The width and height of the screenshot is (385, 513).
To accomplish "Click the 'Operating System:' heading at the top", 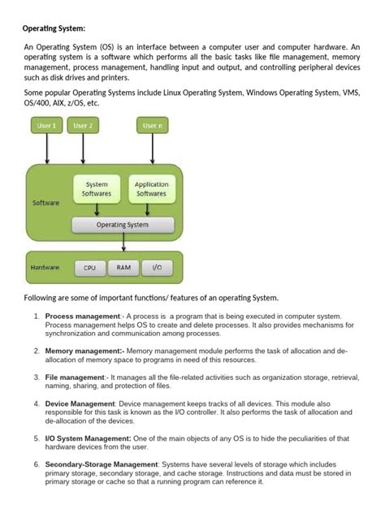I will click(54, 29).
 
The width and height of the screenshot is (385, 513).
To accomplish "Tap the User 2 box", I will click(82, 126).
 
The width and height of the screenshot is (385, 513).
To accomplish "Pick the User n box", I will click(151, 126).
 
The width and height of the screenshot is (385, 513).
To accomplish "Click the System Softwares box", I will click(97, 189).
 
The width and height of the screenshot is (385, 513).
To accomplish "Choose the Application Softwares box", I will click(151, 189).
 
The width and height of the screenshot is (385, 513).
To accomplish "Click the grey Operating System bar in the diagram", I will click(123, 225).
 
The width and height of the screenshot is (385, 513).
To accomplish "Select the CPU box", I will click(89, 267).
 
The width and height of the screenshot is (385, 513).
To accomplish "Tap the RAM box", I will click(123, 267).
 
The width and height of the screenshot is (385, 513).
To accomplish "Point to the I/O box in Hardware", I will click(156, 267).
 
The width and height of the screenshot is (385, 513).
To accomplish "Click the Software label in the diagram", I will click(45, 202).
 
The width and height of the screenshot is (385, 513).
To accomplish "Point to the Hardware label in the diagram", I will click(47, 267).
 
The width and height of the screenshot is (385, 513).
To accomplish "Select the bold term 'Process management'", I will click(82, 316).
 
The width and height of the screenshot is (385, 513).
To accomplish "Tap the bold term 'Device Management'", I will click(80, 403).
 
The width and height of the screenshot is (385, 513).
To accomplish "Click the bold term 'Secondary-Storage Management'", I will click(102, 464).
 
